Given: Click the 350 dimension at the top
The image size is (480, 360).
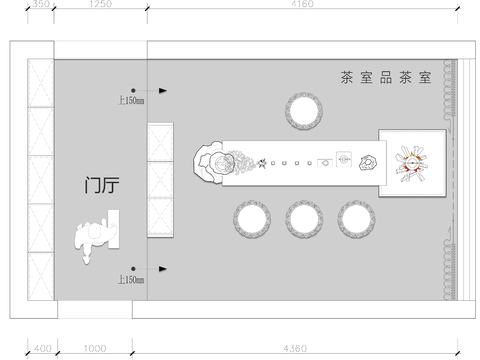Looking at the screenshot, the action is [x=40, y=5].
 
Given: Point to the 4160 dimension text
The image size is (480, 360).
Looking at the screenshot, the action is [x=303, y=5].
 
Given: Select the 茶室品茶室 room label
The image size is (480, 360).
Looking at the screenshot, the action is [x=384, y=77].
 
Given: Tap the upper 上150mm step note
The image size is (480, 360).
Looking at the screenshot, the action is [x=131, y=100].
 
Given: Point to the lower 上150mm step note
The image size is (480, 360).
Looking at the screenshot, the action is [x=131, y=279].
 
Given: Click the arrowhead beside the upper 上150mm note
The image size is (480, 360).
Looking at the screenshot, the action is [x=162, y=90].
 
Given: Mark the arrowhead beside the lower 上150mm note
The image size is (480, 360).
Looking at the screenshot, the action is [x=162, y=268].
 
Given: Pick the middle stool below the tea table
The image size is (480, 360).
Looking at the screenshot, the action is [x=302, y=218].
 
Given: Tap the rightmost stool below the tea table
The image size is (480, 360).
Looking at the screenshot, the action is [x=354, y=218].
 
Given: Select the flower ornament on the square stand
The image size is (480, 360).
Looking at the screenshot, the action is [x=411, y=164].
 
